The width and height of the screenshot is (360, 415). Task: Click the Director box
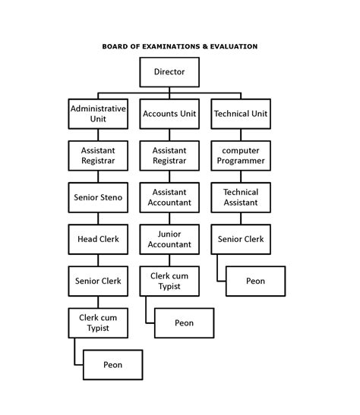[x=169, y=72]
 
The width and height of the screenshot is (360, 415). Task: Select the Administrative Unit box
[x=98, y=114]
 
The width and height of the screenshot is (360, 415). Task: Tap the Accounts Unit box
[x=169, y=114]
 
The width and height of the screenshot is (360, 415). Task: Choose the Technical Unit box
[x=241, y=114]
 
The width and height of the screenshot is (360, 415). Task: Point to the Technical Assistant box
[x=241, y=197]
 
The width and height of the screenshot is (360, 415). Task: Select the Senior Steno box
[x=98, y=198]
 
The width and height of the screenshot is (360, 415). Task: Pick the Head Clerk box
[x=98, y=239]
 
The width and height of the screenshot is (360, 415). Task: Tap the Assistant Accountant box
[x=169, y=197]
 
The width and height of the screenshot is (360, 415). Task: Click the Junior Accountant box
[x=169, y=239]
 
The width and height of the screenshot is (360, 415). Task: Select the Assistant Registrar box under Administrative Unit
[x=98, y=156]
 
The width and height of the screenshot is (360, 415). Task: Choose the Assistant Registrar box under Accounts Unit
[x=169, y=156]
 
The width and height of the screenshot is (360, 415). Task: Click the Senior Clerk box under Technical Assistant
[x=241, y=239]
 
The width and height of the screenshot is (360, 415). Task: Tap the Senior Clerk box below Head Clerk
[x=98, y=281]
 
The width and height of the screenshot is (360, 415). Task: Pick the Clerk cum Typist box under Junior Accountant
[x=169, y=281]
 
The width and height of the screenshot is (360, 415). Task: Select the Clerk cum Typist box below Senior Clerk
[x=98, y=322]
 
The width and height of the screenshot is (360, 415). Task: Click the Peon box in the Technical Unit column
[x=256, y=281]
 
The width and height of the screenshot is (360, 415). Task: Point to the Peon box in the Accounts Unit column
[x=184, y=322]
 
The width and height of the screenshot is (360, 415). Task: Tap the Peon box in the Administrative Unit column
[x=112, y=365]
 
